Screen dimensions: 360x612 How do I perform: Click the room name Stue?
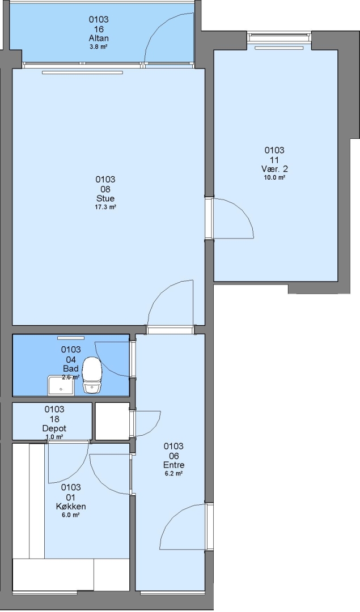tap(105, 199)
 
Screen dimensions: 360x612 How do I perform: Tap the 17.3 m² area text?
tap(105, 207)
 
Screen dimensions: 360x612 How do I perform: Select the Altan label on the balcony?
tap(99, 39)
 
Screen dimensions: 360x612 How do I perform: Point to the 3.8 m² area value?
tap(99, 46)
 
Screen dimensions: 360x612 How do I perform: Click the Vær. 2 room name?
tap(274, 169)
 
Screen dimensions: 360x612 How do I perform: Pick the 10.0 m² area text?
tap(274, 177)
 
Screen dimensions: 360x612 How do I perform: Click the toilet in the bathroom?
tap(92, 375)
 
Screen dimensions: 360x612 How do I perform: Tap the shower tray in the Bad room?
tap(61, 385)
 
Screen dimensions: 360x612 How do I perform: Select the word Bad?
tap(71, 368)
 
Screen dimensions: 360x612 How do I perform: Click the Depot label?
tap(54, 428)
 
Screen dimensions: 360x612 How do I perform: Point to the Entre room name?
tap(173, 465)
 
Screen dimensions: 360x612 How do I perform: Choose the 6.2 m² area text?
tap(173, 473)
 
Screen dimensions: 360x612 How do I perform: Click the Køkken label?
tap(71, 507)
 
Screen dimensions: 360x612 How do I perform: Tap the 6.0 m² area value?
tap(71, 515)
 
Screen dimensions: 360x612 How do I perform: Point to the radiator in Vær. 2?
tap(279, 48)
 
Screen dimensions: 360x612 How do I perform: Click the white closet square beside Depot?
tap(112, 421)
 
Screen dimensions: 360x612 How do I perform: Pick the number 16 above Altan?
tap(99, 29)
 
